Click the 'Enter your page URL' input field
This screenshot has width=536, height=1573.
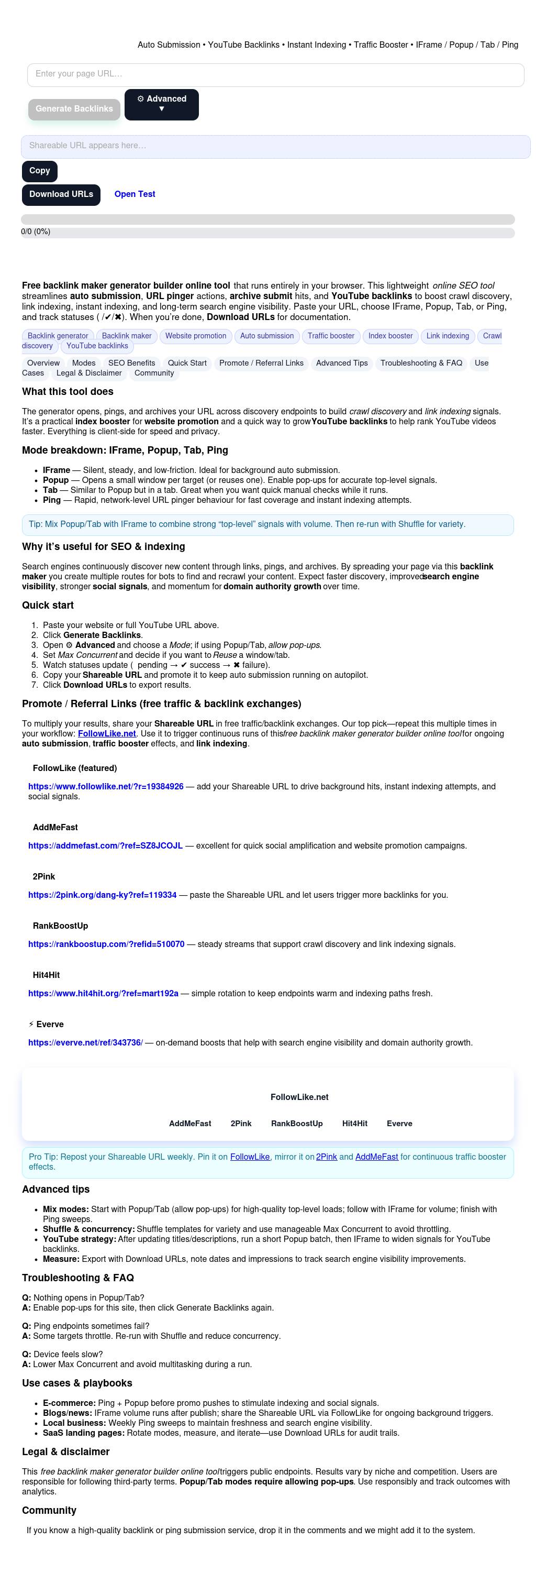pyautogui.click(x=275, y=74)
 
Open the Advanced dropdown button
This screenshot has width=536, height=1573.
pyautogui.click(x=161, y=104)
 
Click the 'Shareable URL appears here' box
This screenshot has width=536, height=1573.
pyautogui.click(x=275, y=147)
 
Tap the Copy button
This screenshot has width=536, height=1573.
pyautogui.click(x=40, y=171)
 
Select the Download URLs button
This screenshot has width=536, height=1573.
pyautogui.click(x=61, y=195)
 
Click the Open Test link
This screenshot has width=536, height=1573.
pyautogui.click(x=135, y=194)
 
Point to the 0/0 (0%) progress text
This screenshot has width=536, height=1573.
pyautogui.click(x=36, y=232)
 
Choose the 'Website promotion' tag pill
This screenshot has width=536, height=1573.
pyautogui.click(x=195, y=336)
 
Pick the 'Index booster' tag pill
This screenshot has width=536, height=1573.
pyautogui.click(x=390, y=336)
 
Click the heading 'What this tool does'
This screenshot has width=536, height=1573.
pyautogui.click(x=68, y=392)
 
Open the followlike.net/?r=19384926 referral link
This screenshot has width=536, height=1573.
pyautogui.click(x=106, y=787)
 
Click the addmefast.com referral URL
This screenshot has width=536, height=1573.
pyautogui.click(x=105, y=846)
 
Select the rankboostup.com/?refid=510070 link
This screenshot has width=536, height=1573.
pyautogui.click(x=106, y=944)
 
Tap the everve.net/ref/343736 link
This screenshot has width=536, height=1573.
pyautogui.click(x=85, y=1042)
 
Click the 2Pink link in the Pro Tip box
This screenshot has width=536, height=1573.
pyautogui.click(x=326, y=1157)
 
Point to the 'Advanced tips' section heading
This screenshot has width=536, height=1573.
pyautogui.click(x=55, y=1190)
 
